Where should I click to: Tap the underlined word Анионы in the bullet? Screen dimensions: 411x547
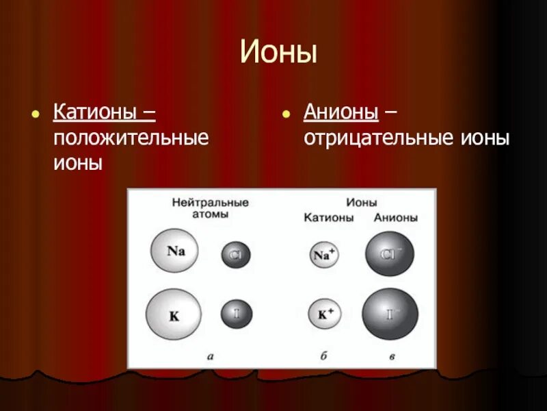click(341, 111)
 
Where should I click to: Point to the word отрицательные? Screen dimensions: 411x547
click(375, 138)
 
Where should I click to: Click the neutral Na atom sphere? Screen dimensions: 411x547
click(176, 251)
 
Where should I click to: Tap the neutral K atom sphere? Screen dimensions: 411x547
click(174, 315)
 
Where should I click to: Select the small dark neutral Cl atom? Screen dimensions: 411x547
click(236, 256)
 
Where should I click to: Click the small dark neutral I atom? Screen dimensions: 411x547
click(236, 314)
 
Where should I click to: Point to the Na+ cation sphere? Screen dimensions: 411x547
click(324, 255)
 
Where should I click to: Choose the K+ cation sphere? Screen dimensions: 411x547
click(325, 315)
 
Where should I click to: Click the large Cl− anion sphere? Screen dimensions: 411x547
click(389, 254)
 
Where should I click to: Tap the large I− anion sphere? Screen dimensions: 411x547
click(390, 314)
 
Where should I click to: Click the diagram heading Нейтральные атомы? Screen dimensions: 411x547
click(210, 208)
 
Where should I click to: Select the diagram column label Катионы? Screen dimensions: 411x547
click(329, 218)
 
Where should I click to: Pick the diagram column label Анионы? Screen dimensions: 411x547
click(395, 218)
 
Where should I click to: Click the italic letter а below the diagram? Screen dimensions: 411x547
click(211, 356)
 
